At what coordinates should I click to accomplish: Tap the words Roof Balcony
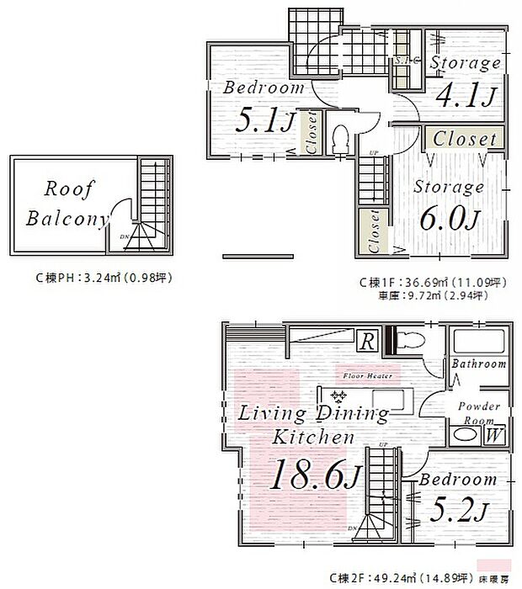click(x=67, y=204)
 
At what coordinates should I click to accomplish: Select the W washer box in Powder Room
click(x=494, y=435)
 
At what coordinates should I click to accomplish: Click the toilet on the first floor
click(x=341, y=140)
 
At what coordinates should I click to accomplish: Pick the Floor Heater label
click(x=367, y=376)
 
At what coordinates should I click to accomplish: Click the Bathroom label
click(x=478, y=364)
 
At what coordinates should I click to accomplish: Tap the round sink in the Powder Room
click(x=465, y=436)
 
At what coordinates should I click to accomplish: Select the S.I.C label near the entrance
click(x=402, y=62)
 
